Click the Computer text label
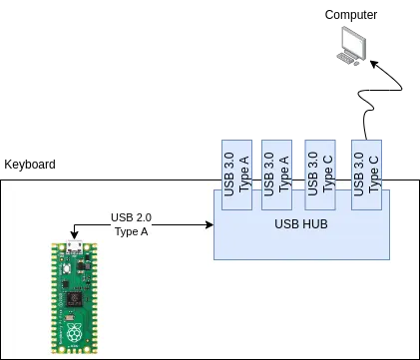(x=351, y=15)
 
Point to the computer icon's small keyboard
(x=345, y=58)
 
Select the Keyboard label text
(x=30, y=165)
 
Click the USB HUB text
(x=301, y=224)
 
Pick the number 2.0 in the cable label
(x=143, y=217)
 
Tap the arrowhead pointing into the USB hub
(x=210, y=225)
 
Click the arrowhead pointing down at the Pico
(x=75, y=235)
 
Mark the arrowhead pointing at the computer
(x=374, y=64)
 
